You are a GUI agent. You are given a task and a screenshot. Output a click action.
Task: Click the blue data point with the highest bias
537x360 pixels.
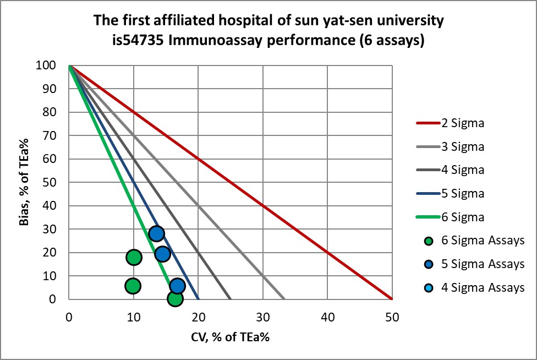tap(156, 233)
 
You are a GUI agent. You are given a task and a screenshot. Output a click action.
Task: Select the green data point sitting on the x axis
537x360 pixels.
tap(175, 298)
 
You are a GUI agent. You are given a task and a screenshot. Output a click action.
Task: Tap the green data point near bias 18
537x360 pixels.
tap(134, 257)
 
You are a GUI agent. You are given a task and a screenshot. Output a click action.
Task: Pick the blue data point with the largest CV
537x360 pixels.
tap(177, 286)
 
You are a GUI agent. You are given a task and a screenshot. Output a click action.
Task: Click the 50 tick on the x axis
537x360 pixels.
tap(392, 317)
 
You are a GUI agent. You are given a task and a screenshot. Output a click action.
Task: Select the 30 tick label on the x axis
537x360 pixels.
tap(263, 317)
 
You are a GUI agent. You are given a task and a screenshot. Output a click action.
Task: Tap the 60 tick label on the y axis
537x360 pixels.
tap(56, 159)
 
